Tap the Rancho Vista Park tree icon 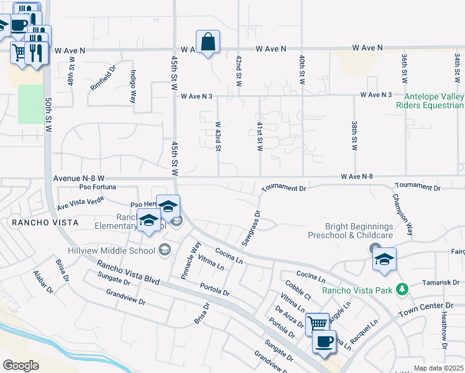403,289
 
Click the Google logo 21,365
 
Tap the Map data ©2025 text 438,368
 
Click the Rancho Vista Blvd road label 128,273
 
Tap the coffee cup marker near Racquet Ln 323,342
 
